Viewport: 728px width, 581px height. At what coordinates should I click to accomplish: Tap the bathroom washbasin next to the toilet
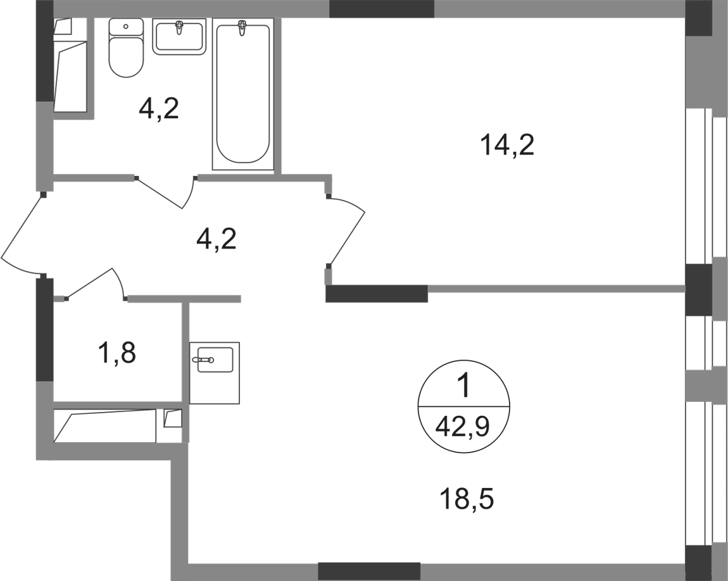[x=180, y=39]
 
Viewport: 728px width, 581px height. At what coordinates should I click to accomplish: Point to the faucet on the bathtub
[x=242, y=28]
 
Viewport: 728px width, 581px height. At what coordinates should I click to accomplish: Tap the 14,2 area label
[x=508, y=146]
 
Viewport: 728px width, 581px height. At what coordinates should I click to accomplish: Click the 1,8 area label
[x=117, y=353]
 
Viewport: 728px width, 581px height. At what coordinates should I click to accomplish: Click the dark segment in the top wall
[x=382, y=9]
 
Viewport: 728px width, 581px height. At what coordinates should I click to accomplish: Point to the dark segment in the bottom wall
[x=369, y=568]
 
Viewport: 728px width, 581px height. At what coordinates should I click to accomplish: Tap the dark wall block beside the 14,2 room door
[x=377, y=294]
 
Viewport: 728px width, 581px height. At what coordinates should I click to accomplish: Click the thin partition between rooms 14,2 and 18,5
[x=557, y=288]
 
